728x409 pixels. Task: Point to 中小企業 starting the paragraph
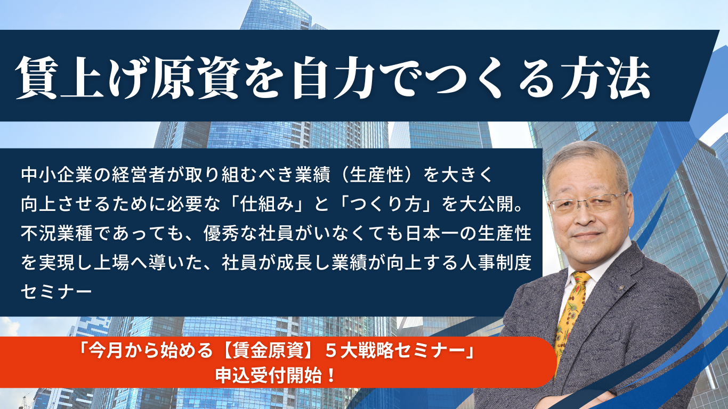click(x=57, y=175)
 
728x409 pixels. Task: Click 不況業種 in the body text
click(x=57, y=234)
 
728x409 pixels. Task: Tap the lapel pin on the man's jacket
click(x=621, y=287)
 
